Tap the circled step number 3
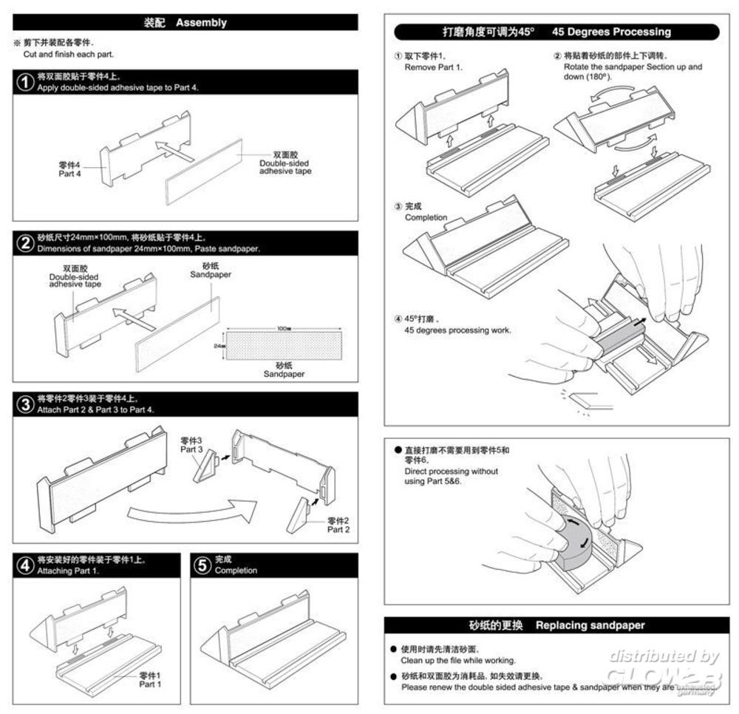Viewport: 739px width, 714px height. tap(25, 404)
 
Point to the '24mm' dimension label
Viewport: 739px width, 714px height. tap(218, 345)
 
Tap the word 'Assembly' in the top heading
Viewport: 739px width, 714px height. tap(201, 23)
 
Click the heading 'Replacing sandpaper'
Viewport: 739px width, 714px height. tap(590, 625)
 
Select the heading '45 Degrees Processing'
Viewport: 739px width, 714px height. tap(611, 32)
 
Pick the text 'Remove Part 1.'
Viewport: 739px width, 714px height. tap(433, 67)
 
